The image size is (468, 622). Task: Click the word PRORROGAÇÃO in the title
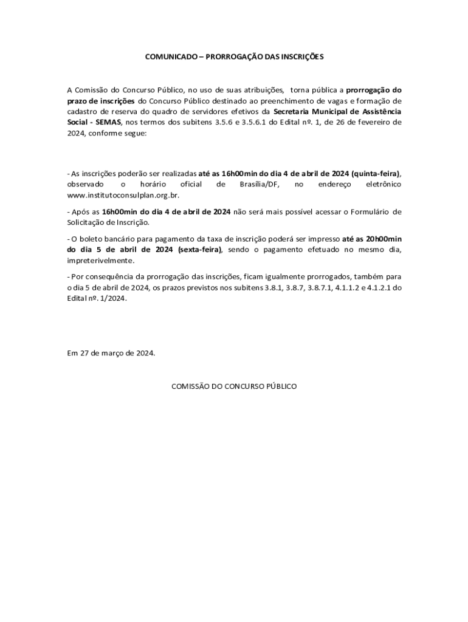point(230,56)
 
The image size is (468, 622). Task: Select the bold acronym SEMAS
point(108,123)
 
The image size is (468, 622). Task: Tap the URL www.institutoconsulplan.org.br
point(123,196)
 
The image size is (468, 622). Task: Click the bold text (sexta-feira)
point(200,250)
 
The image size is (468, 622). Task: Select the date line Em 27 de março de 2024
point(111,353)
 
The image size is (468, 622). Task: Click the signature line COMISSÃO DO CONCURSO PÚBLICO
point(234,386)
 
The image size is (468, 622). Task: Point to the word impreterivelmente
point(100,261)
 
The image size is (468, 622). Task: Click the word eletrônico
point(383,184)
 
